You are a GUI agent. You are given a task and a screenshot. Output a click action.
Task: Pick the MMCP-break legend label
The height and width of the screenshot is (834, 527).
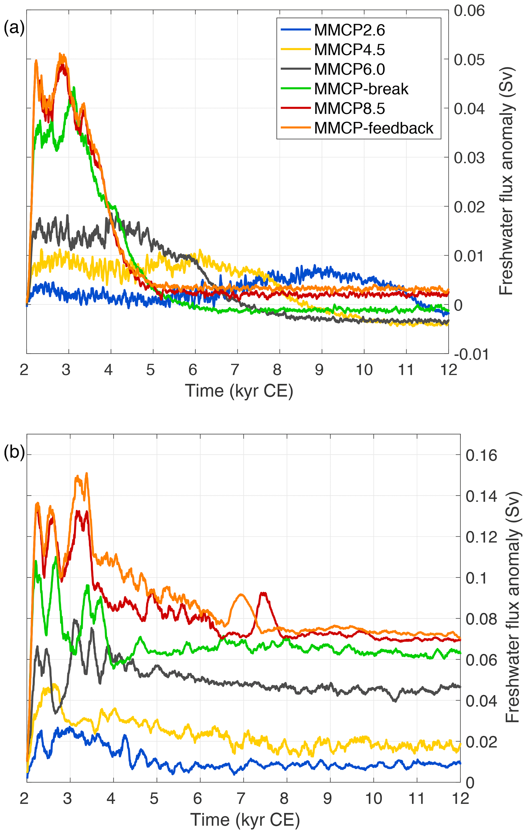tap(361, 89)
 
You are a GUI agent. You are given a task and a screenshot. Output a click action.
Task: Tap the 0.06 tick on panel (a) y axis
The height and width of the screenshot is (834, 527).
tap(469, 11)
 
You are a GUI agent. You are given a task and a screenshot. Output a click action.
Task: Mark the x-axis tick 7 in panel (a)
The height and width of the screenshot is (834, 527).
tap(235, 370)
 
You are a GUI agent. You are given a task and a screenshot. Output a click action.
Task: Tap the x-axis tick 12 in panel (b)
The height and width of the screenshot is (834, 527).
tap(460, 798)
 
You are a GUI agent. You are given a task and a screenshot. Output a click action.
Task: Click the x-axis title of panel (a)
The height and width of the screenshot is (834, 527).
tap(239, 391)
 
